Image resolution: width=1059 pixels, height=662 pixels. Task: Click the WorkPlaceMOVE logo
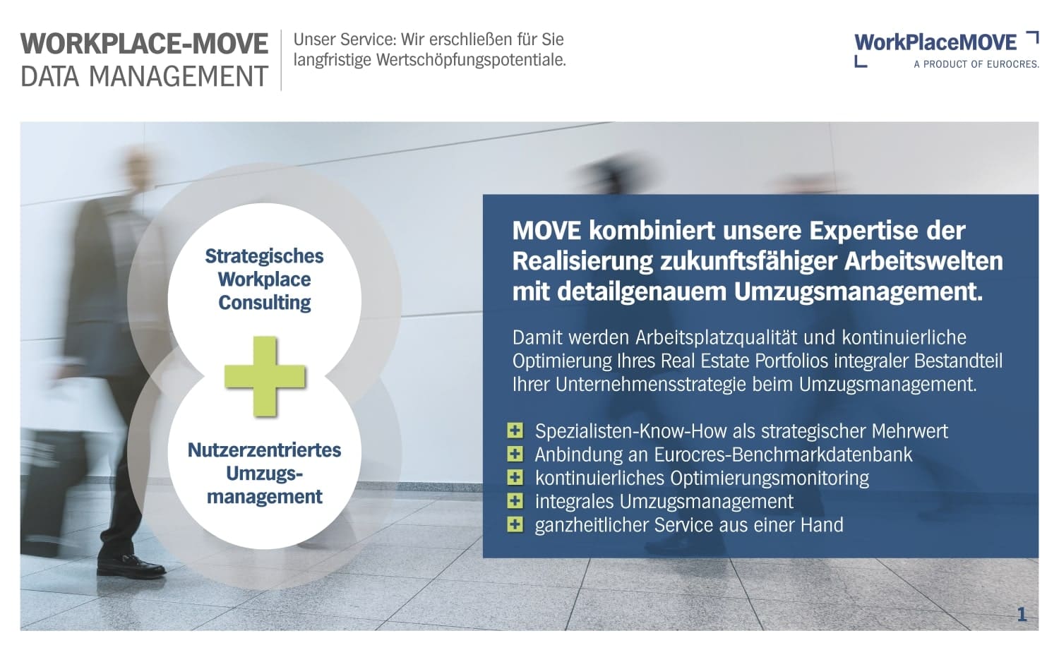pos(935,43)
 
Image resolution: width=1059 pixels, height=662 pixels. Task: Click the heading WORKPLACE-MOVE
pos(144,44)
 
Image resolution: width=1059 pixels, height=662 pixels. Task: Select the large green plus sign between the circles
pos(265,376)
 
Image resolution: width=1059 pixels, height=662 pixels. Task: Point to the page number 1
pos(1022,615)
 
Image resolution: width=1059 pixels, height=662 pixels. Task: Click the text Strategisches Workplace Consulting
pos(264,279)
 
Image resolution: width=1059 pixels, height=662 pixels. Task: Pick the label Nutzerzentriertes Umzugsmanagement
pos(264,473)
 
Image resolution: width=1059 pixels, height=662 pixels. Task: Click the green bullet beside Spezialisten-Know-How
pos(515,431)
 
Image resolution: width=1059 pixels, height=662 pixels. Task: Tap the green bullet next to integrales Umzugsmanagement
pos(515,501)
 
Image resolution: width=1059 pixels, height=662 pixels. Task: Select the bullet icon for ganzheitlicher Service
pos(515,524)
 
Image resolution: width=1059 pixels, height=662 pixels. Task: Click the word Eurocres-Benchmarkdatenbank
pos(783,455)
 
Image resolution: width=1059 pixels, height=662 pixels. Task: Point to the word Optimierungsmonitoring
pos(770,478)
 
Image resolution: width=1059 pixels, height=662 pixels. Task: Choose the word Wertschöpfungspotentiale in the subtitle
pos(469,60)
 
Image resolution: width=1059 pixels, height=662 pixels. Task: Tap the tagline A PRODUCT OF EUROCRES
pos(976,64)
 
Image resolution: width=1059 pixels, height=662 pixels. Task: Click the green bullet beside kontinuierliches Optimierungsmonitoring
pos(515,478)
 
